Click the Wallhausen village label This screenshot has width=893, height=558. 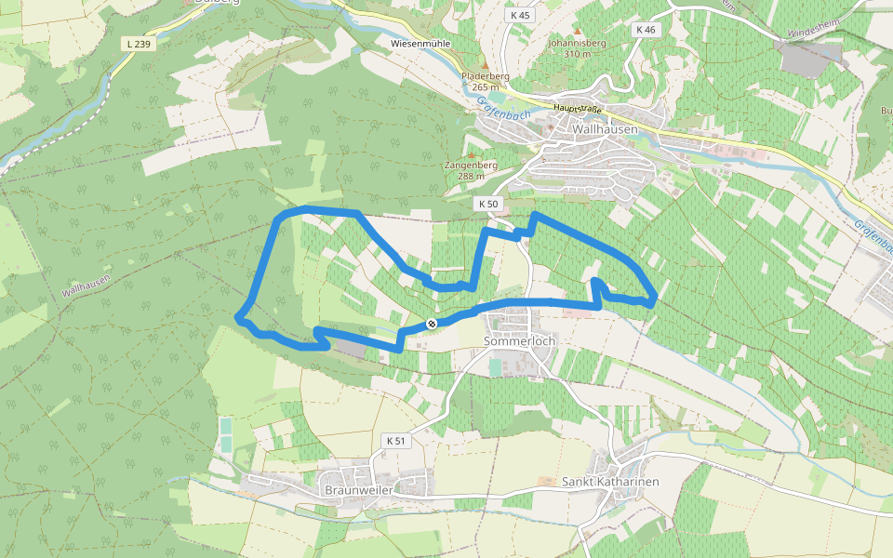(x=605, y=129)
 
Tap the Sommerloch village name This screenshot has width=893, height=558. (x=519, y=341)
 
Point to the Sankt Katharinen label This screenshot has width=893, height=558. (x=610, y=482)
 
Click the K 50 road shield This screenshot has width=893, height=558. (x=488, y=204)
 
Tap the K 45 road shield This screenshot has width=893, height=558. (x=520, y=16)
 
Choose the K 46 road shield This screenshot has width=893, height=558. (x=646, y=30)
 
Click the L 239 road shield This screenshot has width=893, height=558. (x=137, y=44)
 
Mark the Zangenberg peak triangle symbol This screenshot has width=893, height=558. (x=471, y=153)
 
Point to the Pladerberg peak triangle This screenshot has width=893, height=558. (x=484, y=65)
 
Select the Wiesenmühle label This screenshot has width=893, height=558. (x=421, y=44)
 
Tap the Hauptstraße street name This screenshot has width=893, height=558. (x=577, y=109)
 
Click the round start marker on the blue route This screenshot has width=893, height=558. (x=432, y=324)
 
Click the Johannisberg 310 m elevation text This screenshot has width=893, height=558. (x=577, y=48)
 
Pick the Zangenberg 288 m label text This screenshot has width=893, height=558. (x=472, y=170)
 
